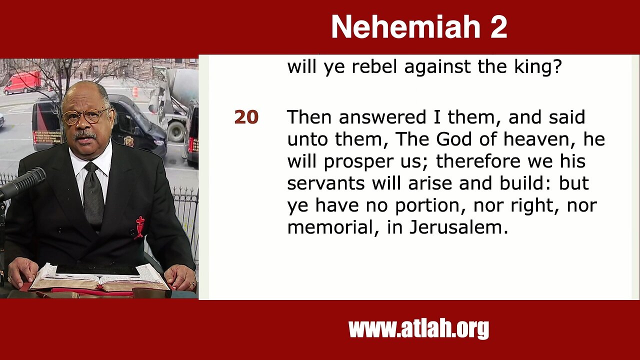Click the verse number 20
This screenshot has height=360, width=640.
click(246, 117)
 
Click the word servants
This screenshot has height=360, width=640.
click(326, 183)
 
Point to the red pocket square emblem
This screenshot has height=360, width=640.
click(139, 227)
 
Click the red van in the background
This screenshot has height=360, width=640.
click(22, 82)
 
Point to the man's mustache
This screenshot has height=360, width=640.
click(85, 135)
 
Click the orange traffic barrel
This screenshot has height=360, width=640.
click(135, 91)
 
